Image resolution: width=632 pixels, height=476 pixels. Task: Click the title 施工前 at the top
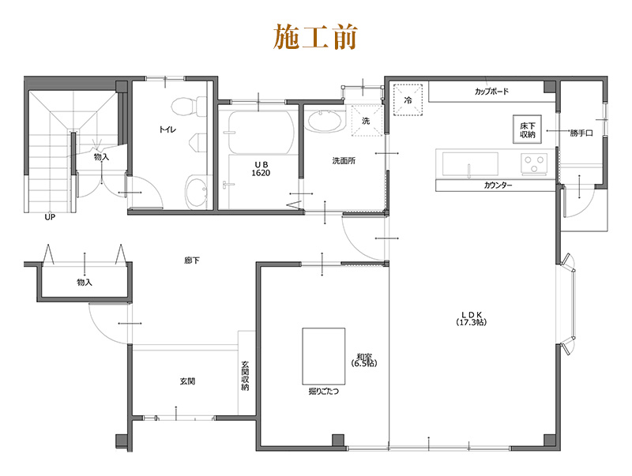pyautogui.click(x=316, y=36)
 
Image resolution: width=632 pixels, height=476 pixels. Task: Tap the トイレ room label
pyautogui.click(x=167, y=128)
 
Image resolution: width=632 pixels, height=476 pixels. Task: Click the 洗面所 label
pyautogui.click(x=343, y=160)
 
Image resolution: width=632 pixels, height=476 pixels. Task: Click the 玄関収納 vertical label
pyautogui.click(x=246, y=377)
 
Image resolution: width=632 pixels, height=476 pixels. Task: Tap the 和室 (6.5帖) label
pyautogui.click(x=366, y=360)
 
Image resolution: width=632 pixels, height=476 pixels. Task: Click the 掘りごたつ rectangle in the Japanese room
pyautogui.click(x=324, y=355)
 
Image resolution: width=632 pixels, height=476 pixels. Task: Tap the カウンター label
pyautogui.click(x=498, y=185)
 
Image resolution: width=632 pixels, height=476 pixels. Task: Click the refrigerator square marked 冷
pyautogui.click(x=408, y=100)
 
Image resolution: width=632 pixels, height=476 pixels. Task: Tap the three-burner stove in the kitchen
pyautogui.click(x=534, y=163)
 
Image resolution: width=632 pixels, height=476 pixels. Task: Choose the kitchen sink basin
pyautogui.click(x=470, y=164)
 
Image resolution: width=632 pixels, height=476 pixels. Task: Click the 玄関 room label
pyautogui.click(x=187, y=381)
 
